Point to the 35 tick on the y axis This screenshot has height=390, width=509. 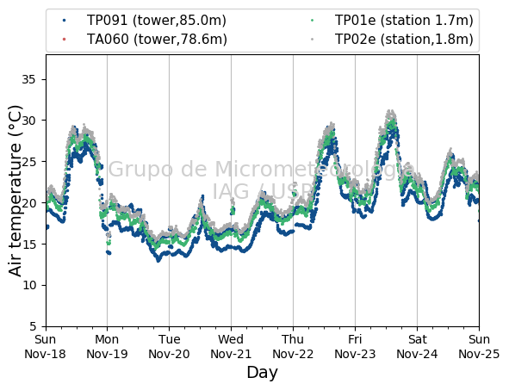pyautogui.click(x=28, y=79)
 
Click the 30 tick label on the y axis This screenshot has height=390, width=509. pyautogui.click(x=28, y=121)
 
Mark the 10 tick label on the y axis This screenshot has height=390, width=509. pyautogui.click(x=28, y=285)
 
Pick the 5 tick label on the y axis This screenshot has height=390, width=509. pyautogui.click(x=33, y=326)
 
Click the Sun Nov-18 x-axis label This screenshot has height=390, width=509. pyautogui.click(x=45, y=346)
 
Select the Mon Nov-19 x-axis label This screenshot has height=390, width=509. pyautogui.click(x=107, y=346)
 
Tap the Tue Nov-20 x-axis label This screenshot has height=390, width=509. pyautogui.click(x=169, y=346)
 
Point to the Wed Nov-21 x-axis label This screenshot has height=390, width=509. pyautogui.click(x=231, y=346)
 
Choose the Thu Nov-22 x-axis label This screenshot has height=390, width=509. pyautogui.click(x=293, y=346)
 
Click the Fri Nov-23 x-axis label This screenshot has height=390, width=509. pyautogui.click(x=355, y=346)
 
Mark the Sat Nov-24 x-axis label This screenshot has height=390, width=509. pyautogui.click(x=417, y=346)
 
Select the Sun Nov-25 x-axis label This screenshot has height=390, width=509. pyautogui.click(x=479, y=346)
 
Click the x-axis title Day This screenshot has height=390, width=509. pyautogui.click(x=263, y=373)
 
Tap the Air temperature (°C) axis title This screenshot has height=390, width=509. pyautogui.click(x=15, y=191)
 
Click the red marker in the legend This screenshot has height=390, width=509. pyautogui.click(x=65, y=40)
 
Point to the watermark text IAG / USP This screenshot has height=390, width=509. pyautogui.click(x=262, y=191)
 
